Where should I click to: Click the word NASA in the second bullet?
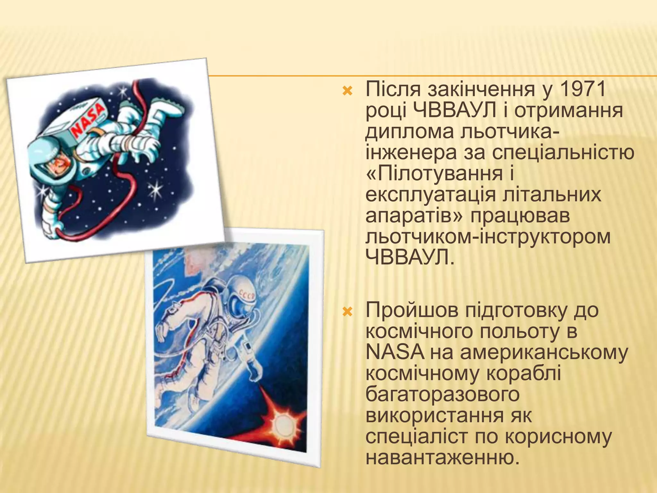pos(395,352)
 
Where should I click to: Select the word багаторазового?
pos(442,394)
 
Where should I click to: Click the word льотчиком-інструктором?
pos(488,237)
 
